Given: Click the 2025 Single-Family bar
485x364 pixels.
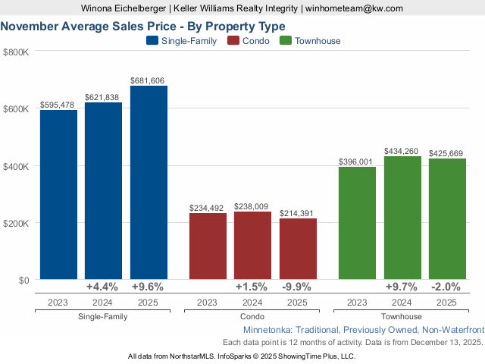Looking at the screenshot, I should [149, 183].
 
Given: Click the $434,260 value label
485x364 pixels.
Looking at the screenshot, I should [402, 152].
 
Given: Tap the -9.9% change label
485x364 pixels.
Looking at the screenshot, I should [298, 287].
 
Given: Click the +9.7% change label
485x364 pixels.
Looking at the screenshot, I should [402, 287].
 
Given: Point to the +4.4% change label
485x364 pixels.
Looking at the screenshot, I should [103, 287].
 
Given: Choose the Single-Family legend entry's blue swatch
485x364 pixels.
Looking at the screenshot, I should [151, 41].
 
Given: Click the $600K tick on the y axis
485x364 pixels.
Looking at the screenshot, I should [16, 108].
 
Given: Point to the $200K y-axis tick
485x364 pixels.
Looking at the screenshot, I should [16, 223].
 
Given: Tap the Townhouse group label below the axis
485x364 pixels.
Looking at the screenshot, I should [402, 315].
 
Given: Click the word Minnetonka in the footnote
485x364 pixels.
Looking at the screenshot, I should [268, 331].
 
